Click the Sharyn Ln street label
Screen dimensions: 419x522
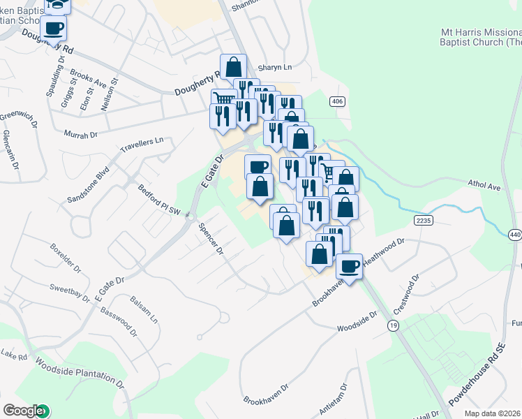tap(274, 68)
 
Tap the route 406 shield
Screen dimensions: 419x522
tap(338, 102)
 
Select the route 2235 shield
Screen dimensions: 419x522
tap(423, 220)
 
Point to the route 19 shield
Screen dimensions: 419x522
tap(394, 326)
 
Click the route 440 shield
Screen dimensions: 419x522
tap(515, 235)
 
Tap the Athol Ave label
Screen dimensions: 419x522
tap(484, 186)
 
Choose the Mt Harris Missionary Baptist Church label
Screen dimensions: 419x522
tap(481, 37)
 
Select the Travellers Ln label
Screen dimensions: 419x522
tap(142, 145)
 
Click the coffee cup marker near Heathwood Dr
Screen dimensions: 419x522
tap(349, 265)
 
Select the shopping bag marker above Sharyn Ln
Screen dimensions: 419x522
tap(233, 67)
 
